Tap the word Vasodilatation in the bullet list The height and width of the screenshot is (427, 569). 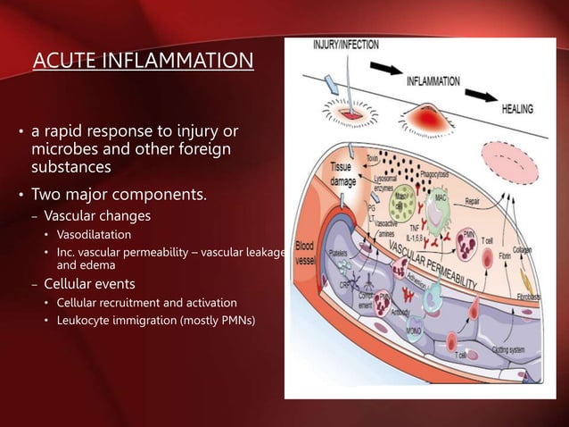(94, 235)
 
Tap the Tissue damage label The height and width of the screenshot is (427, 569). (343, 173)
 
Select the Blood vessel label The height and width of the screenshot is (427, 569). (304, 251)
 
